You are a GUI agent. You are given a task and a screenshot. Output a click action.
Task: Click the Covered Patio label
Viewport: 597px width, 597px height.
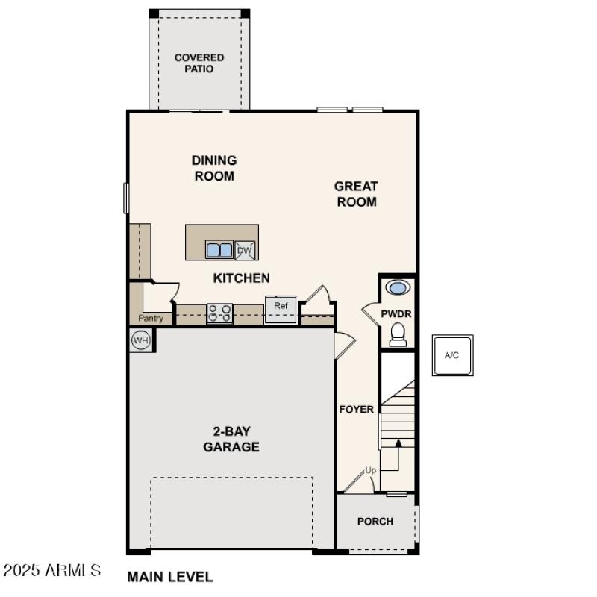coord(199,63)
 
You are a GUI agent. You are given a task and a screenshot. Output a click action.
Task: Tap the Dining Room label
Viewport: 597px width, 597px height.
coord(214,168)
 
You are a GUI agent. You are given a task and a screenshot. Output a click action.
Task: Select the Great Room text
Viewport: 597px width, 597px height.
coord(356,194)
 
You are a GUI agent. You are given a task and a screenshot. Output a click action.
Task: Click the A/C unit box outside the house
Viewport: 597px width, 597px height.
coord(451,355)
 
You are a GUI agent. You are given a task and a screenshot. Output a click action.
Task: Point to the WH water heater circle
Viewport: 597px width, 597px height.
coord(140,340)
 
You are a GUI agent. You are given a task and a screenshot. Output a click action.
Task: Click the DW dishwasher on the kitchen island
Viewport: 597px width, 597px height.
coord(246,251)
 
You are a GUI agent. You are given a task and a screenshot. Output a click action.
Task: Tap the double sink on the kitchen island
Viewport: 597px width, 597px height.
coord(219,251)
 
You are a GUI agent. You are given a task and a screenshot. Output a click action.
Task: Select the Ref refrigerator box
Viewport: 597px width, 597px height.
coord(281,309)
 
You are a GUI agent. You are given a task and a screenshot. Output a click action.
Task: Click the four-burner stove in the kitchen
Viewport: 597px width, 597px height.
coord(219,313)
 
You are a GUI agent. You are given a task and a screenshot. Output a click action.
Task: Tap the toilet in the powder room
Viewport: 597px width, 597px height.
coord(398,334)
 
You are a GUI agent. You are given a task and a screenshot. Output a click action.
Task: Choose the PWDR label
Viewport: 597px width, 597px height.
coord(396,314)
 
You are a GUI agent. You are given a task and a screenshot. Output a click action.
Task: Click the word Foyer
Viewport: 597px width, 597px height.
coord(357,409)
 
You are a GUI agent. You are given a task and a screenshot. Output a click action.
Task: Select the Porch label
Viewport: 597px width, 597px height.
coord(375,521)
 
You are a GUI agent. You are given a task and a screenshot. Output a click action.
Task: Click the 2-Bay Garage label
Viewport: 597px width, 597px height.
coord(231,440)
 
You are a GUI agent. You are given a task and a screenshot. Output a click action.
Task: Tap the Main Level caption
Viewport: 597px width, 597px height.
coord(170,576)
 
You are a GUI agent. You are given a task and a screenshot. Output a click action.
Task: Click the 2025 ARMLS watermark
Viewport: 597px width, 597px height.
coord(52,571)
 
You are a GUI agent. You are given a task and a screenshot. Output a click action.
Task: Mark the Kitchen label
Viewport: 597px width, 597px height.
coord(242,278)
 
